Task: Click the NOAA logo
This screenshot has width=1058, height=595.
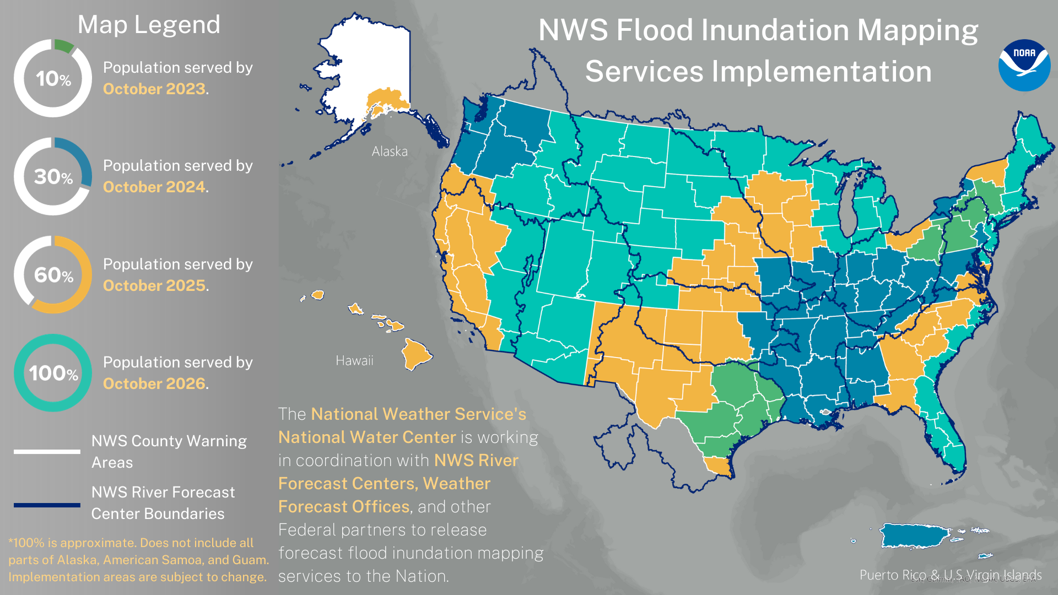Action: pyautogui.click(x=1024, y=65)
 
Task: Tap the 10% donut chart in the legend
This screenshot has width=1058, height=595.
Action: pyautogui.click(x=53, y=78)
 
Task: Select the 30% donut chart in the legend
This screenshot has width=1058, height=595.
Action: pyautogui.click(x=53, y=176)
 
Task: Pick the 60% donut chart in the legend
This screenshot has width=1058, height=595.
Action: pyautogui.click(x=53, y=274)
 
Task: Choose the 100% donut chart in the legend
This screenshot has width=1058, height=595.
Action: pyautogui.click(x=53, y=373)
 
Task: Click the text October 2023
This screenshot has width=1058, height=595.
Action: pyautogui.click(x=154, y=89)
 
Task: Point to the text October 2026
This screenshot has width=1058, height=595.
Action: pyautogui.click(x=154, y=383)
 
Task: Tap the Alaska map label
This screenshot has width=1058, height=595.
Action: pyautogui.click(x=390, y=152)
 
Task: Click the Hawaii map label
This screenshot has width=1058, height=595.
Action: pyautogui.click(x=354, y=361)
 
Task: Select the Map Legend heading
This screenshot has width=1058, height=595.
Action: pyautogui.click(x=149, y=25)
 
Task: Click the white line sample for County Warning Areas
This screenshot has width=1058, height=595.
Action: pyautogui.click(x=47, y=452)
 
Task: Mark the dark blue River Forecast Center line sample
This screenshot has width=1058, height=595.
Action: pyautogui.click(x=47, y=505)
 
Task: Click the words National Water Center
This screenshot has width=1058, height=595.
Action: pyautogui.click(x=367, y=437)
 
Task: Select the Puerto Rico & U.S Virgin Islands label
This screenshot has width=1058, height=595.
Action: pyautogui.click(x=950, y=575)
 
